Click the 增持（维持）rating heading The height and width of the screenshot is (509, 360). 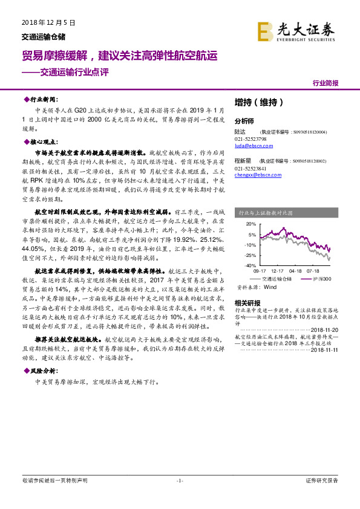(x=258, y=102)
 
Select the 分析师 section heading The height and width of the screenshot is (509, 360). (x=244, y=120)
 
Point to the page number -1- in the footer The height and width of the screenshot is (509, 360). (x=179, y=481)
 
